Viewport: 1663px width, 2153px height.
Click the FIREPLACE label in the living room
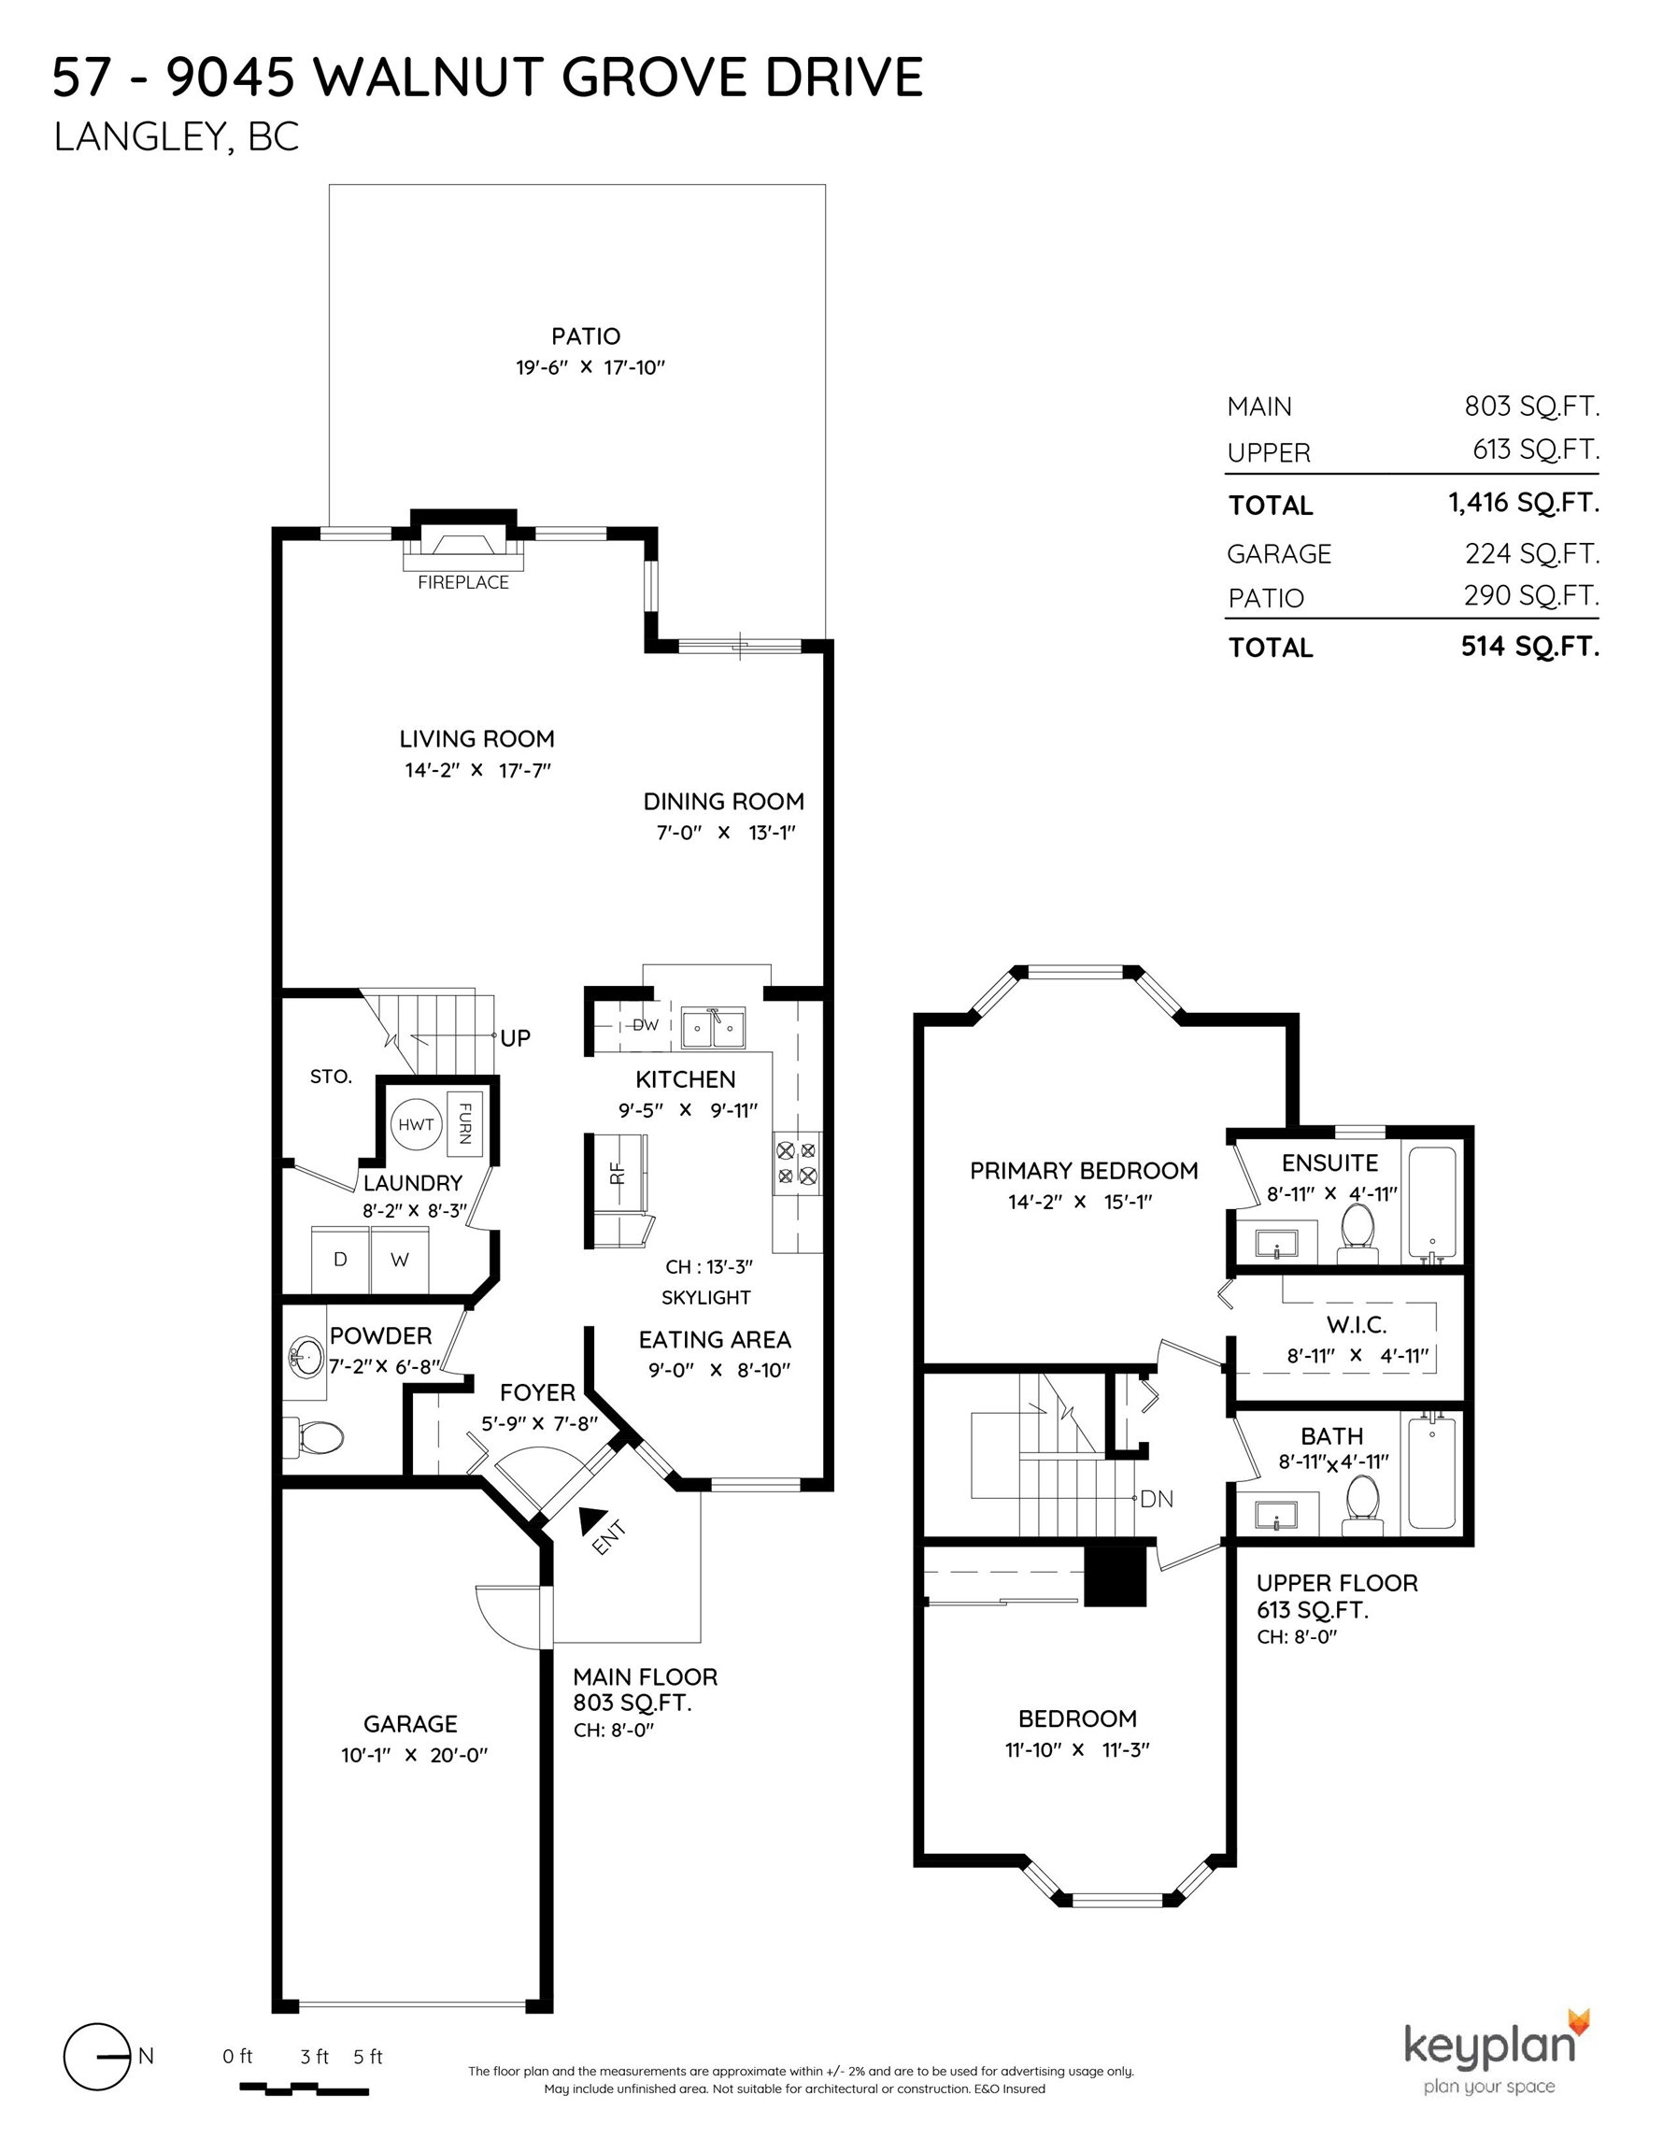462,582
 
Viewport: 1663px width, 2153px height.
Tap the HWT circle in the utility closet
416,1125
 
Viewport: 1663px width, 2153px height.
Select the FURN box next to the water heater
464,1123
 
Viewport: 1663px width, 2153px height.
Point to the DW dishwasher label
645,1025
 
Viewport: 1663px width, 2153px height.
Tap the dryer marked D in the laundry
340,1259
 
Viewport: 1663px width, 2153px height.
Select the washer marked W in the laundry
399,1259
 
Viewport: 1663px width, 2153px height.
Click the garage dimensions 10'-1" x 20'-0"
415,1755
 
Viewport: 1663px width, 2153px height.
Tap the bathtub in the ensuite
1428,1203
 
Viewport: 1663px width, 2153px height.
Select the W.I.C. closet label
1357,1325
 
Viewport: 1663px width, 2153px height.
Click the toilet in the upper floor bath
1362,1504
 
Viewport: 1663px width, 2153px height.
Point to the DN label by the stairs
1157,1500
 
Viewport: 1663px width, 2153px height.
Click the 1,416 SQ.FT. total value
1523,503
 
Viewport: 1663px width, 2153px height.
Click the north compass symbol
97,2057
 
